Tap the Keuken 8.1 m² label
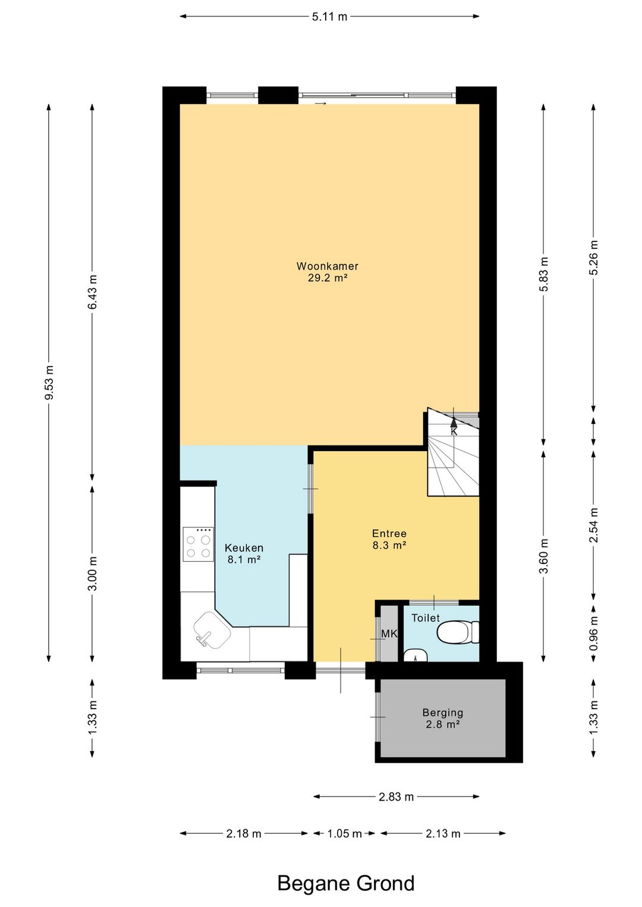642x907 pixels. pos(244,553)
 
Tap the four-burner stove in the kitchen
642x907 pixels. pos(199,544)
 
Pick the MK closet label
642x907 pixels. pos(389,634)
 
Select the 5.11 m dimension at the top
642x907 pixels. pos(329,17)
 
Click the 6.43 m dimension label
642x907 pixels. pos(92,291)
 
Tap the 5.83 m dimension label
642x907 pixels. pos(544,274)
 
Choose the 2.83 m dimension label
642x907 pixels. pos(396,797)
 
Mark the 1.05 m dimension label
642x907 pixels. pos(344,834)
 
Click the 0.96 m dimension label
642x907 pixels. pos(594,633)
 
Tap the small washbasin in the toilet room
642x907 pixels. pos(416,655)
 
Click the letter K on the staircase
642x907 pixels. pos(454,432)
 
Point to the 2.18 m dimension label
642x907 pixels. pos(244,834)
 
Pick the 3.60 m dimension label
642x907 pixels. pos(544,556)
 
